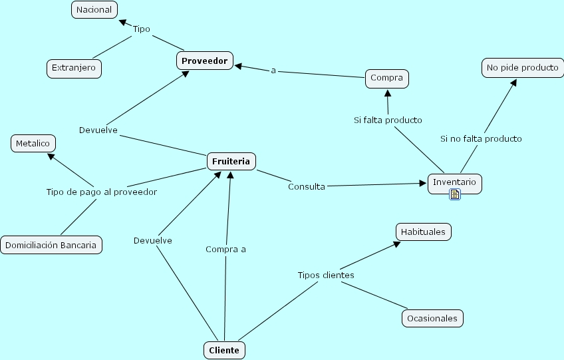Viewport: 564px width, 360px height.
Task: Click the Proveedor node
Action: (x=205, y=61)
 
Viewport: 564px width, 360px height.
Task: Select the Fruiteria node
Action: (x=231, y=161)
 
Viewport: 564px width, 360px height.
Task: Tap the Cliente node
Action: (x=223, y=350)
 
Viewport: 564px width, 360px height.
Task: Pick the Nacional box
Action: (x=94, y=10)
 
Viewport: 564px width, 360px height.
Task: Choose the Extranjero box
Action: (x=74, y=68)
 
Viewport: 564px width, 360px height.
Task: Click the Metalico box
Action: (x=33, y=143)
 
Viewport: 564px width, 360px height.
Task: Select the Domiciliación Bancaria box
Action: (x=51, y=245)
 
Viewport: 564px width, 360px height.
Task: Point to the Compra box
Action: (x=386, y=78)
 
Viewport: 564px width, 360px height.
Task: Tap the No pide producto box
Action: (x=522, y=68)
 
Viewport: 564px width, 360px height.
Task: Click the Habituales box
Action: (x=424, y=232)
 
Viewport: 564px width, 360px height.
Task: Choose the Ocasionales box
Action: (x=432, y=318)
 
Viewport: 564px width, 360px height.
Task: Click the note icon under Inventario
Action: (x=455, y=194)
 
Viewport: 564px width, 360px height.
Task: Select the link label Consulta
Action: (x=306, y=186)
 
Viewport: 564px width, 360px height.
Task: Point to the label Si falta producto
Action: (x=388, y=120)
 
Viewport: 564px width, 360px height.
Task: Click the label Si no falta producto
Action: (x=481, y=138)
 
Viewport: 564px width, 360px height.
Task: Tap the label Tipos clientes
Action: (x=325, y=275)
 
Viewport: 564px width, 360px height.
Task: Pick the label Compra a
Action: (x=225, y=249)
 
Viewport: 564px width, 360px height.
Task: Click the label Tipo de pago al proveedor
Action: (x=101, y=192)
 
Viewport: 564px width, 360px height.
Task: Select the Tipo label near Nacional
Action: (x=142, y=29)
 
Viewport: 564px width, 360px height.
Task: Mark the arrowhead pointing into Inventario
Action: (x=422, y=183)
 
